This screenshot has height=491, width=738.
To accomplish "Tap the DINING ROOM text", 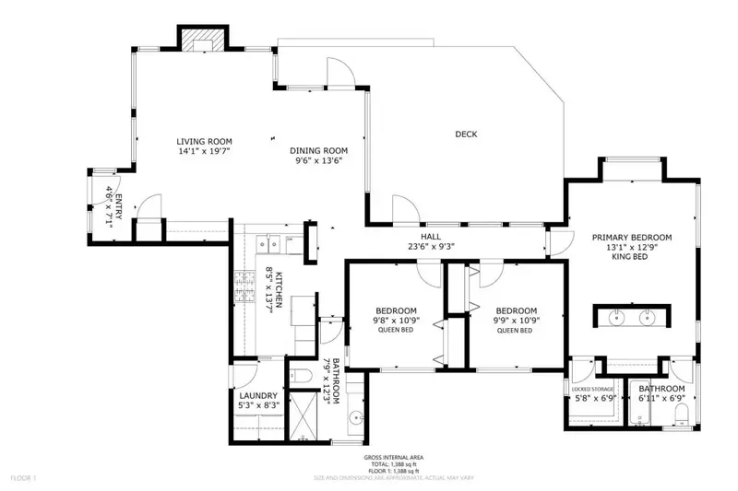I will point(318,150).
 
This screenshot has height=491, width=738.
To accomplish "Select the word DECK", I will point(466,134).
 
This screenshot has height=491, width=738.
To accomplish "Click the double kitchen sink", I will point(269,243).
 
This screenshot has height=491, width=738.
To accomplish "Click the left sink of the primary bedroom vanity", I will point(617,315).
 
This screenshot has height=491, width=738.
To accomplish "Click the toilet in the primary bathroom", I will point(681,419).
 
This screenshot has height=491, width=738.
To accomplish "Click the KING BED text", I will point(631,259).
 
